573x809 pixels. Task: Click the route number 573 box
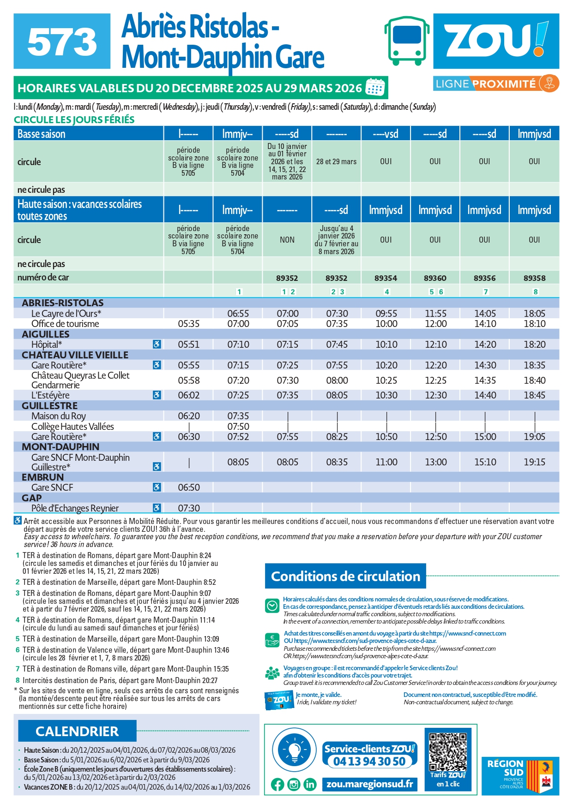(62, 41)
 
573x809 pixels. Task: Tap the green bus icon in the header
(406, 41)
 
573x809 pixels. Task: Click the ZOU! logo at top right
(496, 41)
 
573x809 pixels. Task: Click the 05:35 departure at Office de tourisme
(188, 324)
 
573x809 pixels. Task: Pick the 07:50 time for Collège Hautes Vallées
(238, 427)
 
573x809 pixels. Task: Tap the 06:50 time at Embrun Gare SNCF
(188, 488)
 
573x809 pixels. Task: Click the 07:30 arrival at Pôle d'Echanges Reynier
(188, 508)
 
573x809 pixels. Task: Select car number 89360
(435, 278)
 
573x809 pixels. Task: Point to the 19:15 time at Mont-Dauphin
(534, 462)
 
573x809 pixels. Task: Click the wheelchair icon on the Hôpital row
(157, 345)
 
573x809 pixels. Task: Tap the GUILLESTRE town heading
(50, 406)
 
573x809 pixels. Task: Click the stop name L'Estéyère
(50, 395)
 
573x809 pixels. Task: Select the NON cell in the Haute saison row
(287, 240)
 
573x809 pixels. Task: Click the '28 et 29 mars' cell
(336, 161)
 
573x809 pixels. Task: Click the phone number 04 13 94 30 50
(369, 761)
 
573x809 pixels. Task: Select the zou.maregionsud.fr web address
(369, 784)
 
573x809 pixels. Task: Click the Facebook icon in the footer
(277, 785)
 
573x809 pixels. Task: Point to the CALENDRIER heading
(77, 732)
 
